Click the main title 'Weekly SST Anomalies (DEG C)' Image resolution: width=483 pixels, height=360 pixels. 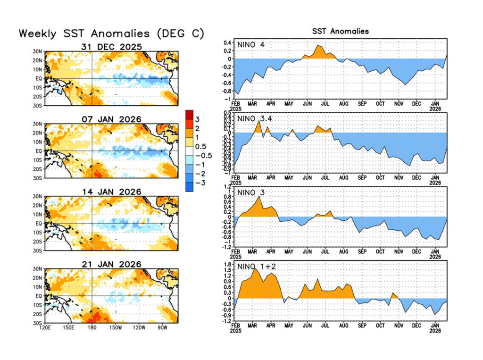click(x=111, y=34)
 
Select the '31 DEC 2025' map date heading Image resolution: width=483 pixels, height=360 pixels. click(x=111, y=46)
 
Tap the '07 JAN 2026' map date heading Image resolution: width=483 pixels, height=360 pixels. click(x=111, y=119)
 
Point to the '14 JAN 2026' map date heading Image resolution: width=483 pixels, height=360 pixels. click(x=111, y=192)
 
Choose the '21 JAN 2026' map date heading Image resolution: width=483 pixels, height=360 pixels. click(x=111, y=264)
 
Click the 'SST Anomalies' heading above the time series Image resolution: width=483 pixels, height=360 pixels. click(x=341, y=31)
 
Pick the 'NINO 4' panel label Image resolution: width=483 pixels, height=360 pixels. click(x=251, y=45)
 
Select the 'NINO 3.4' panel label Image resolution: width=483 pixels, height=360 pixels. click(x=255, y=118)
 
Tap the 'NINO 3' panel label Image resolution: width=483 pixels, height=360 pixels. click(x=251, y=192)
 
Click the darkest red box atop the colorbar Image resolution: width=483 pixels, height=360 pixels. click(x=190, y=114)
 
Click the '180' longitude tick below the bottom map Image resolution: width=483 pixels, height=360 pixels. click(x=92, y=327)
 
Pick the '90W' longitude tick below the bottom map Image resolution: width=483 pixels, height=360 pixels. click(x=163, y=327)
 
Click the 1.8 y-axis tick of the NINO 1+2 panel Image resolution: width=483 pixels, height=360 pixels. click(x=227, y=264)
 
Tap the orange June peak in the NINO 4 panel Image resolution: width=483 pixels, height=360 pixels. click(x=318, y=46)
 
